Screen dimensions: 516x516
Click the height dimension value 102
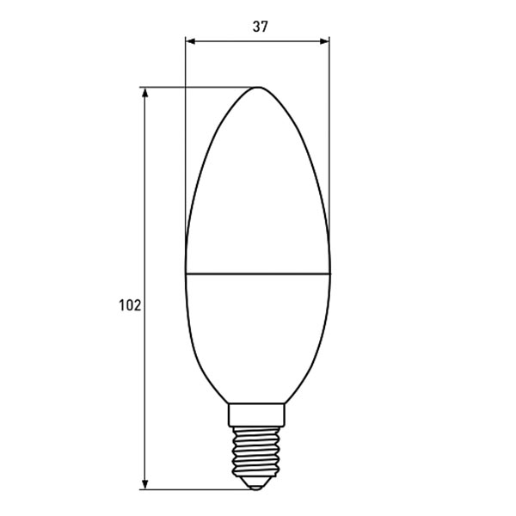pos(130,305)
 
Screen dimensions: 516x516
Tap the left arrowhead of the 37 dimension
pos(191,40)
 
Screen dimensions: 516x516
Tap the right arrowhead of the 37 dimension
pos(324,40)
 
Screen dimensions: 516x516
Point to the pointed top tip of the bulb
pos(259,88)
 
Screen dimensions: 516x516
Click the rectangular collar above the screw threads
pos(259,416)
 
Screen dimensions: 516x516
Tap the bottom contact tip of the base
pos(259,487)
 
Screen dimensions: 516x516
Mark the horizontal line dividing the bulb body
pos(258,274)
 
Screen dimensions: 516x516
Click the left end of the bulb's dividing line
pos(187,274)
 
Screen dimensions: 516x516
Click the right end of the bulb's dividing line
pos(330,274)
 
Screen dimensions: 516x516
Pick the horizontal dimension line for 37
pos(224,40)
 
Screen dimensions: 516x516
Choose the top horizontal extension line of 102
pos(198,87)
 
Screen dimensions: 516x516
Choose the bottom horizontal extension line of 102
pos(198,489)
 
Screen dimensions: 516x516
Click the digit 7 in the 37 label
pos(265,27)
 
